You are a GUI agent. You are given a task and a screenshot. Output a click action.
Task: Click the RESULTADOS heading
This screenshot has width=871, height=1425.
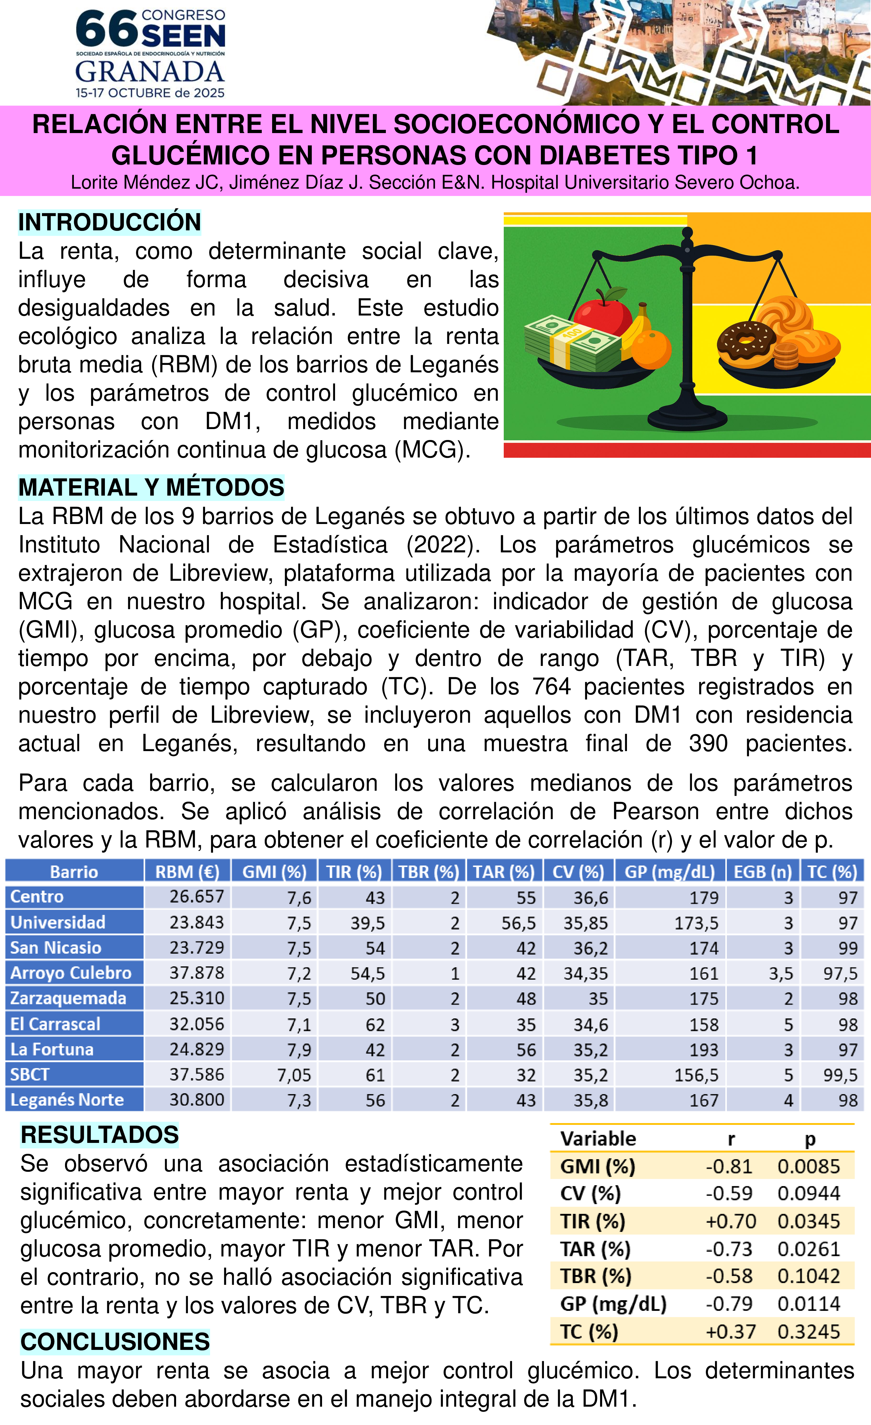[99, 1135]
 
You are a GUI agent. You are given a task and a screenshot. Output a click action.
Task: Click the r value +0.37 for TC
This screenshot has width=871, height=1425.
[730, 1332]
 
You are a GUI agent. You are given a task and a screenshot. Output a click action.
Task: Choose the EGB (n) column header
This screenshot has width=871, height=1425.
[762, 871]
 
